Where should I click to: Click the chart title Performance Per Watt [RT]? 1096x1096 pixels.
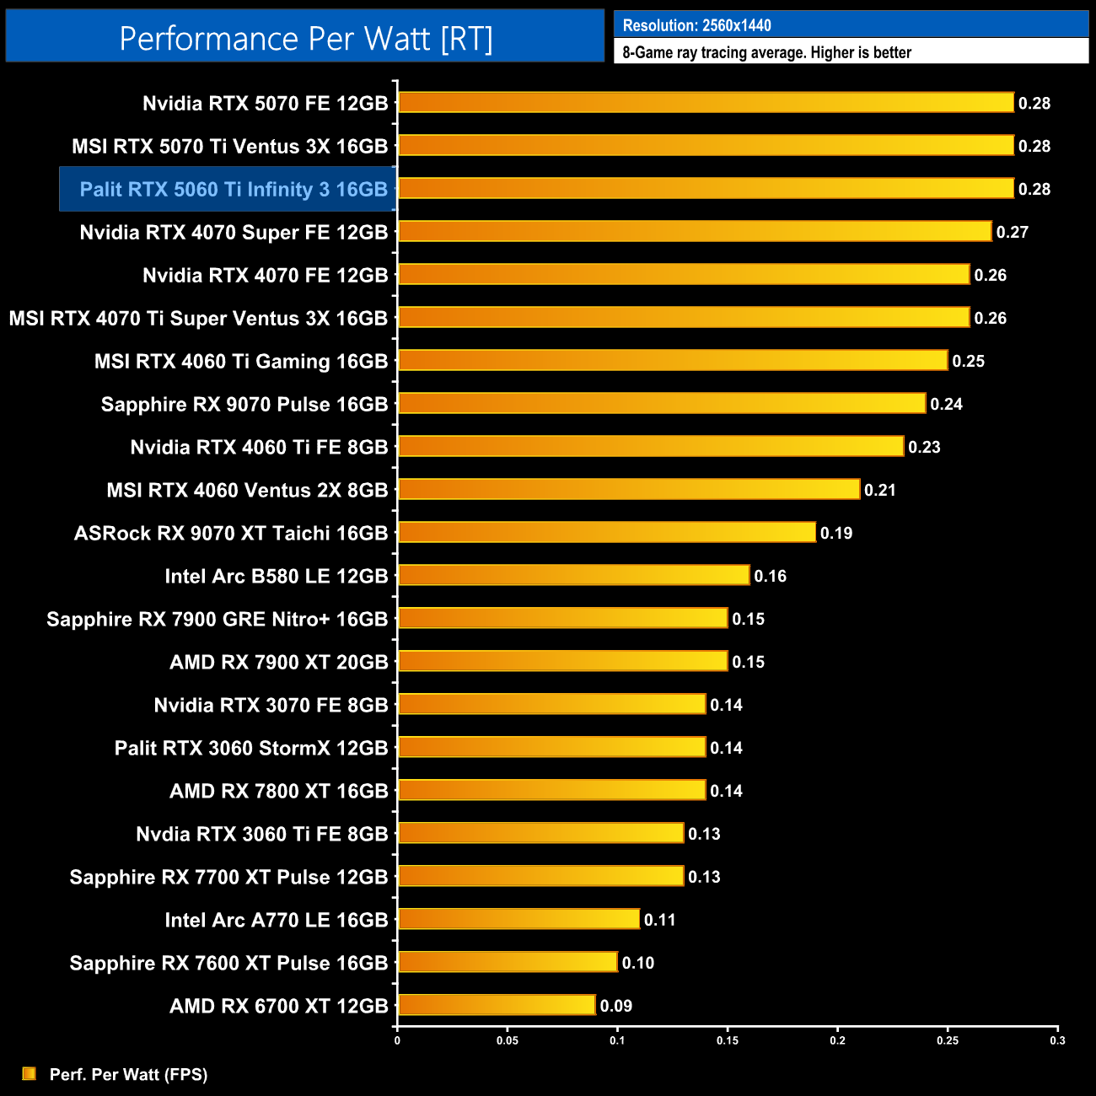point(305,38)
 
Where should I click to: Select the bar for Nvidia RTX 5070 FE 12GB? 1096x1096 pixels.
point(706,103)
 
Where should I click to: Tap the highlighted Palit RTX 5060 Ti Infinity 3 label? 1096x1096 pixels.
point(234,190)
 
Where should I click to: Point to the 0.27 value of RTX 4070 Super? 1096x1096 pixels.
point(1012,232)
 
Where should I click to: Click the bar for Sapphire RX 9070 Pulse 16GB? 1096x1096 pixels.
point(662,404)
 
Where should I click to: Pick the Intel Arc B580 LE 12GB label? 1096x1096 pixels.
point(276,577)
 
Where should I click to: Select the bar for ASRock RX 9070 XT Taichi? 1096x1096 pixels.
point(607,533)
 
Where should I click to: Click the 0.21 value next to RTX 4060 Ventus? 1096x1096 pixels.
point(879,490)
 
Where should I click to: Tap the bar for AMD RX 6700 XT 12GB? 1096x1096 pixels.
point(497,1005)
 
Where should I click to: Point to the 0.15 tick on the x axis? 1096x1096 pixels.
point(728,1040)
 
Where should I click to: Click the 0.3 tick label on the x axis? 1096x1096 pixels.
point(1057,1040)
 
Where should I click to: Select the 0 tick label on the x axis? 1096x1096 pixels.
point(397,1040)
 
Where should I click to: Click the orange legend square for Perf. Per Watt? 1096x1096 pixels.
point(30,1073)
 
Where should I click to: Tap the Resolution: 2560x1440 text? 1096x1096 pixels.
point(696,25)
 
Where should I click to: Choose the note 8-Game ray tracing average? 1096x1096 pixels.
point(766,52)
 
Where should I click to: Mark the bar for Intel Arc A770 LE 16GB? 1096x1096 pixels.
point(518,919)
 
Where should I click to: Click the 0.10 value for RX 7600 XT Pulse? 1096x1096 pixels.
point(637,963)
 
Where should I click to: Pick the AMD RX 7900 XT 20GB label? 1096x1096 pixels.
point(278,663)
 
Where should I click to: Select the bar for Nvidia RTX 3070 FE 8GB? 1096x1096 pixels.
point(551,704)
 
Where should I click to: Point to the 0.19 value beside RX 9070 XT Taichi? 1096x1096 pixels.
point(835,533)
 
